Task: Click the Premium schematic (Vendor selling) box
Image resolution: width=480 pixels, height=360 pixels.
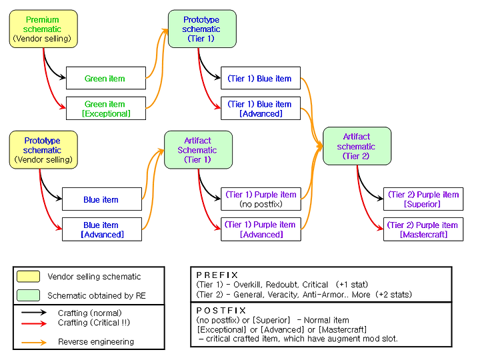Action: coord(43,29)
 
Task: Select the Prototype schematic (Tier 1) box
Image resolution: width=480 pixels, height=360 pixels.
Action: coord(202,29)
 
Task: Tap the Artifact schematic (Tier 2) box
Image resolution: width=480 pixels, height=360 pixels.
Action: coord(357,146)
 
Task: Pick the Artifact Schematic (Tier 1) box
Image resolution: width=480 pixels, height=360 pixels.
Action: coord(198,150)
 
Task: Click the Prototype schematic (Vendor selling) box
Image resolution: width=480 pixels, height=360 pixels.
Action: coord(43,150)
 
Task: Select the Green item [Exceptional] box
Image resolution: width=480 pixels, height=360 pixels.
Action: coord(106,109)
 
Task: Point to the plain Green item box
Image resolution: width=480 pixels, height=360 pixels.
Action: coord(106,78)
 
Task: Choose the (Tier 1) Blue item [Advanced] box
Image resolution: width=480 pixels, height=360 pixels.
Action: coord(261,109)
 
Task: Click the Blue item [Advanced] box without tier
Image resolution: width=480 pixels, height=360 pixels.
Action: coord(102,229)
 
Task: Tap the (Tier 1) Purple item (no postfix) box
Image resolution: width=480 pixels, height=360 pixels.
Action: coord(261,199)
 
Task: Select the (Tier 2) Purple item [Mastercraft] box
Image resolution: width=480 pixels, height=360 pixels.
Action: coord(423,229)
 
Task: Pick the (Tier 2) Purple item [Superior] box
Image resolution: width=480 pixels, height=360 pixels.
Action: coord(423,199)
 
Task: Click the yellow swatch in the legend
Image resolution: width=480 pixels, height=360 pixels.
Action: coord(28,276)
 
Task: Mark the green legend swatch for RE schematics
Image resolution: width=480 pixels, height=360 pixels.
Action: coord(28,295)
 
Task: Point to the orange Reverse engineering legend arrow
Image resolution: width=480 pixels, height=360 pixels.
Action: coord(34,342)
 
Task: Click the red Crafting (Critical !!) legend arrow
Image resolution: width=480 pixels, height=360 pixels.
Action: coord(34,323)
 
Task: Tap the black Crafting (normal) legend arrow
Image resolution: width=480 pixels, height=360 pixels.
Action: coord(34,312)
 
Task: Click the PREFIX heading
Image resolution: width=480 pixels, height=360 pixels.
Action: coord(217,275)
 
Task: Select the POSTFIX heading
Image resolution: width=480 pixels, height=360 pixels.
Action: coord(221,311)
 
